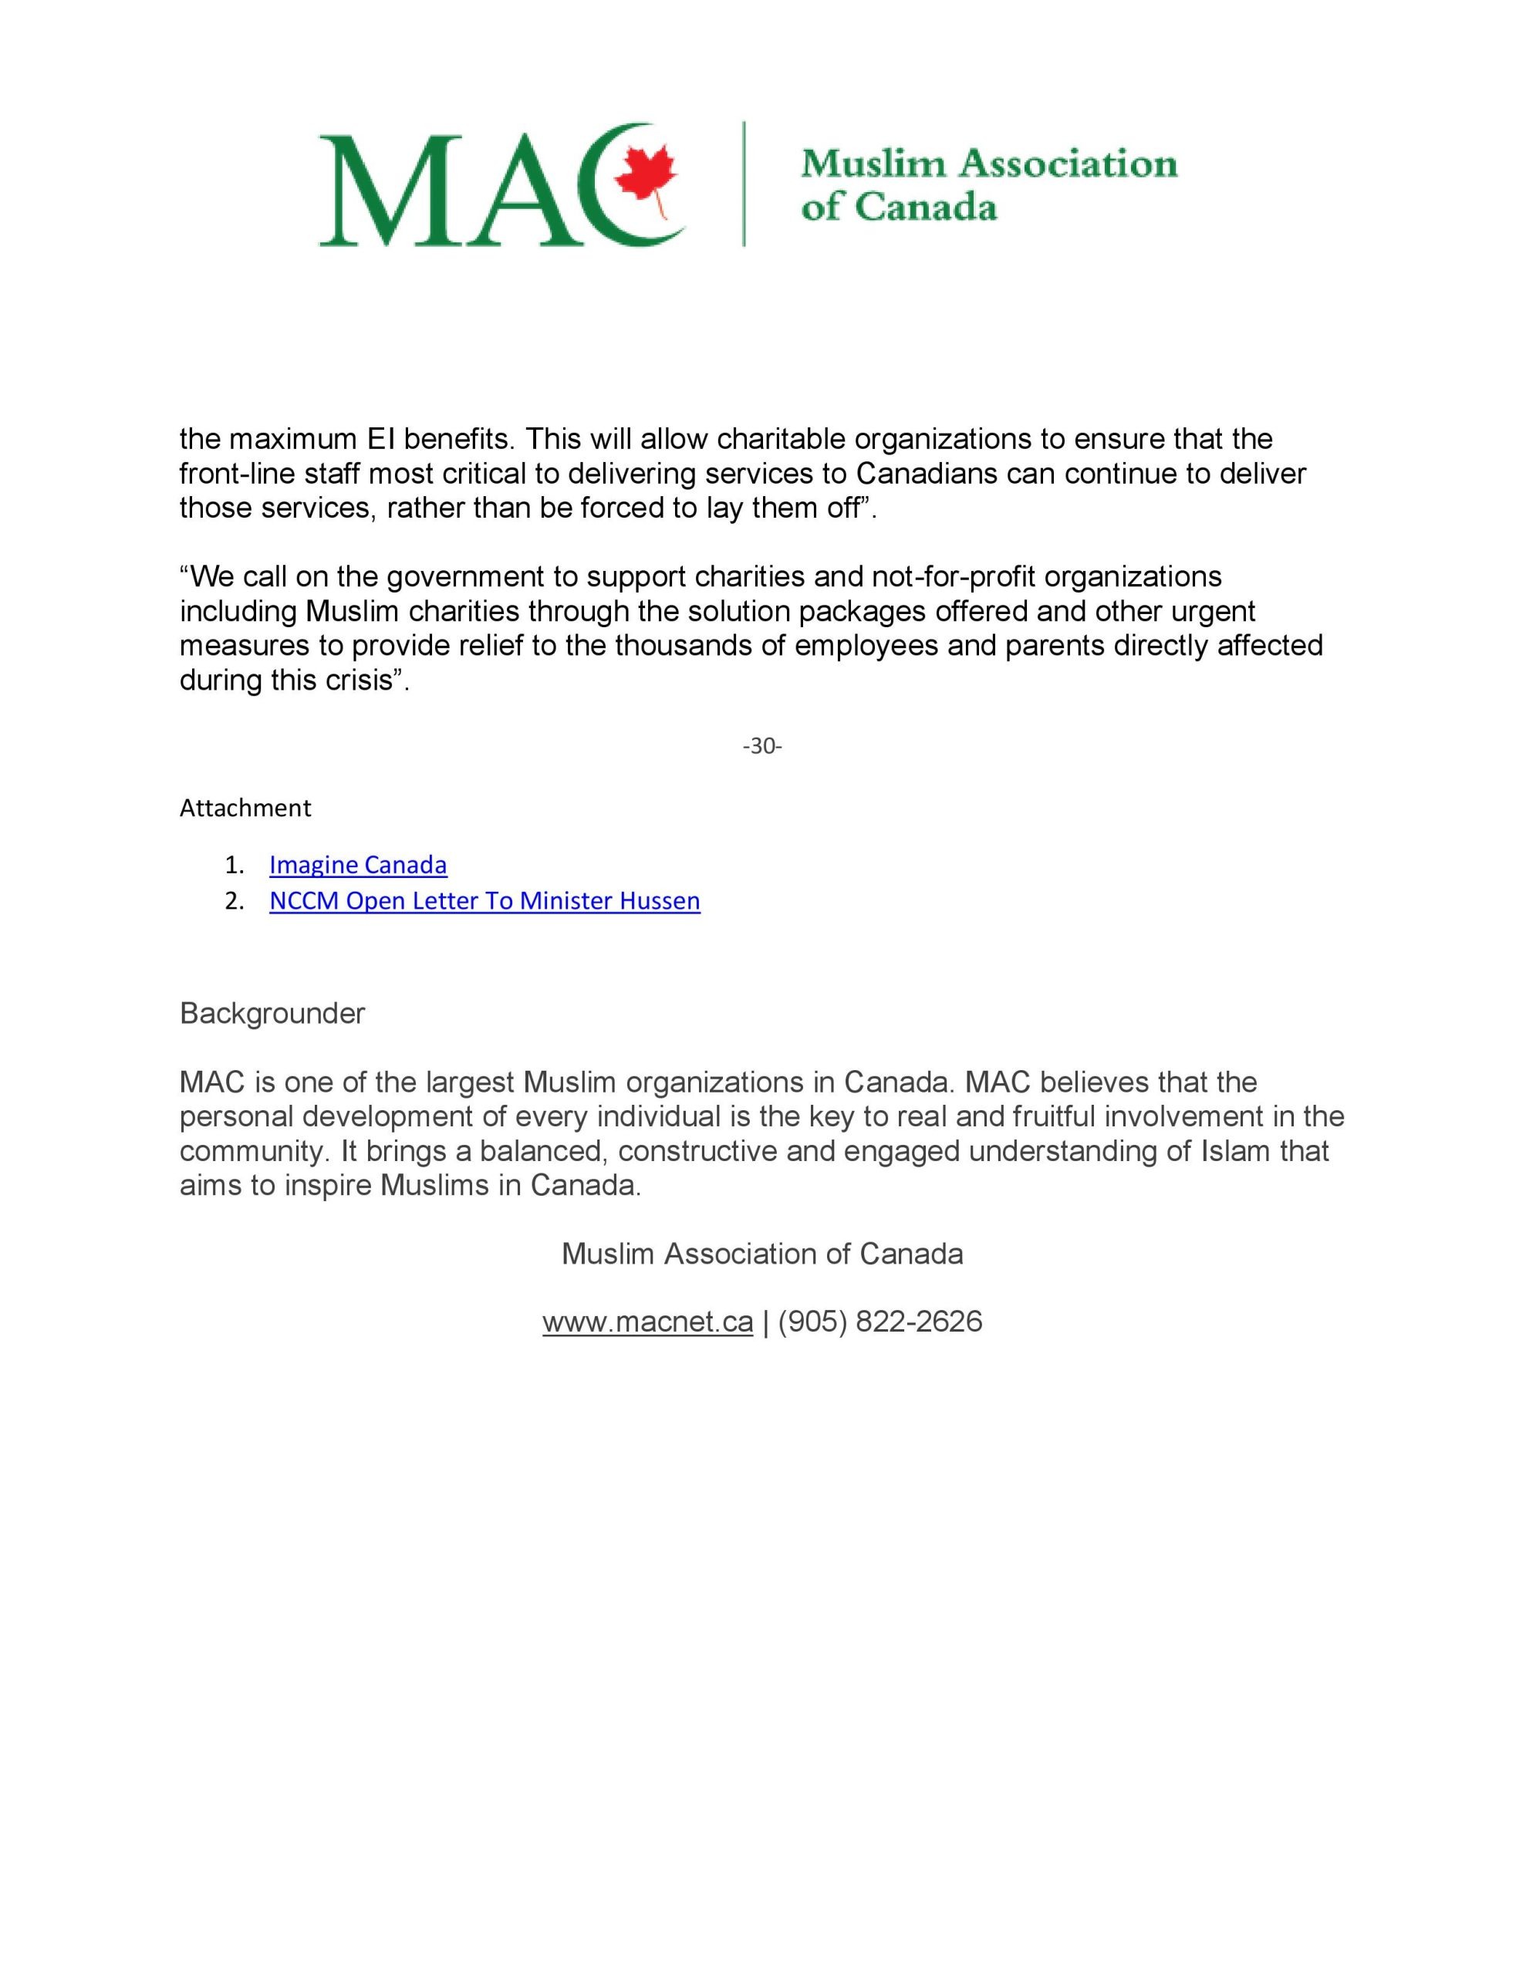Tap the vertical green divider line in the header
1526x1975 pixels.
point(744,184)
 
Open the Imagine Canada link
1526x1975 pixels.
point(357,866)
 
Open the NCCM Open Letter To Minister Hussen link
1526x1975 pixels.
point(484,902)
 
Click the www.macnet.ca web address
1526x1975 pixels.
point(648,1322)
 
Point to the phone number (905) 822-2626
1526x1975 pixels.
point(879,1322)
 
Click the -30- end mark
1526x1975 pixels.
point(762,746)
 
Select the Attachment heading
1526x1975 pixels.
point(245,809)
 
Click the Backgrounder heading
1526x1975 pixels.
point(272,1014)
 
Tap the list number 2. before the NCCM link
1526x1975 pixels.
point(235,902)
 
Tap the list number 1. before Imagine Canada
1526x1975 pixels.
point(235,866)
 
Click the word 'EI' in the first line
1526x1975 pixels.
point(379,440)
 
